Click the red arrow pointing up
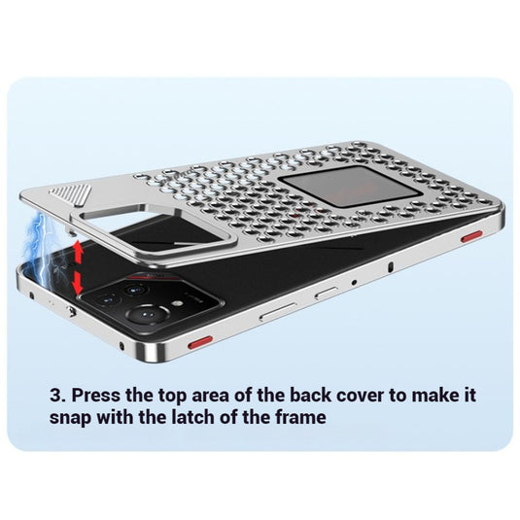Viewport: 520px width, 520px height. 79,252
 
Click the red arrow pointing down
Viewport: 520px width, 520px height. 78,283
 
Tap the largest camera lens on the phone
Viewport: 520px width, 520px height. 149,314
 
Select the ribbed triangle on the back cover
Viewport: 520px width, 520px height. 71,193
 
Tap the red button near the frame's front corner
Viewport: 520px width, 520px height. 200,342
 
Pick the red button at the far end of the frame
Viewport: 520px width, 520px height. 471,236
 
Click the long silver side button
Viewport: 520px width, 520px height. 278,312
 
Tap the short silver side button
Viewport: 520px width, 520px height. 327,293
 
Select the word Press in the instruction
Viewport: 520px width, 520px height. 96,395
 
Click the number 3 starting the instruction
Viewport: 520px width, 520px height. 57,396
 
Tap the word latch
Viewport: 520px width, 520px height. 193,417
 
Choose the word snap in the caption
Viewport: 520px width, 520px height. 70,419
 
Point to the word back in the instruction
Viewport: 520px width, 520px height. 310,395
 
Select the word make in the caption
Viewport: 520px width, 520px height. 434,395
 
